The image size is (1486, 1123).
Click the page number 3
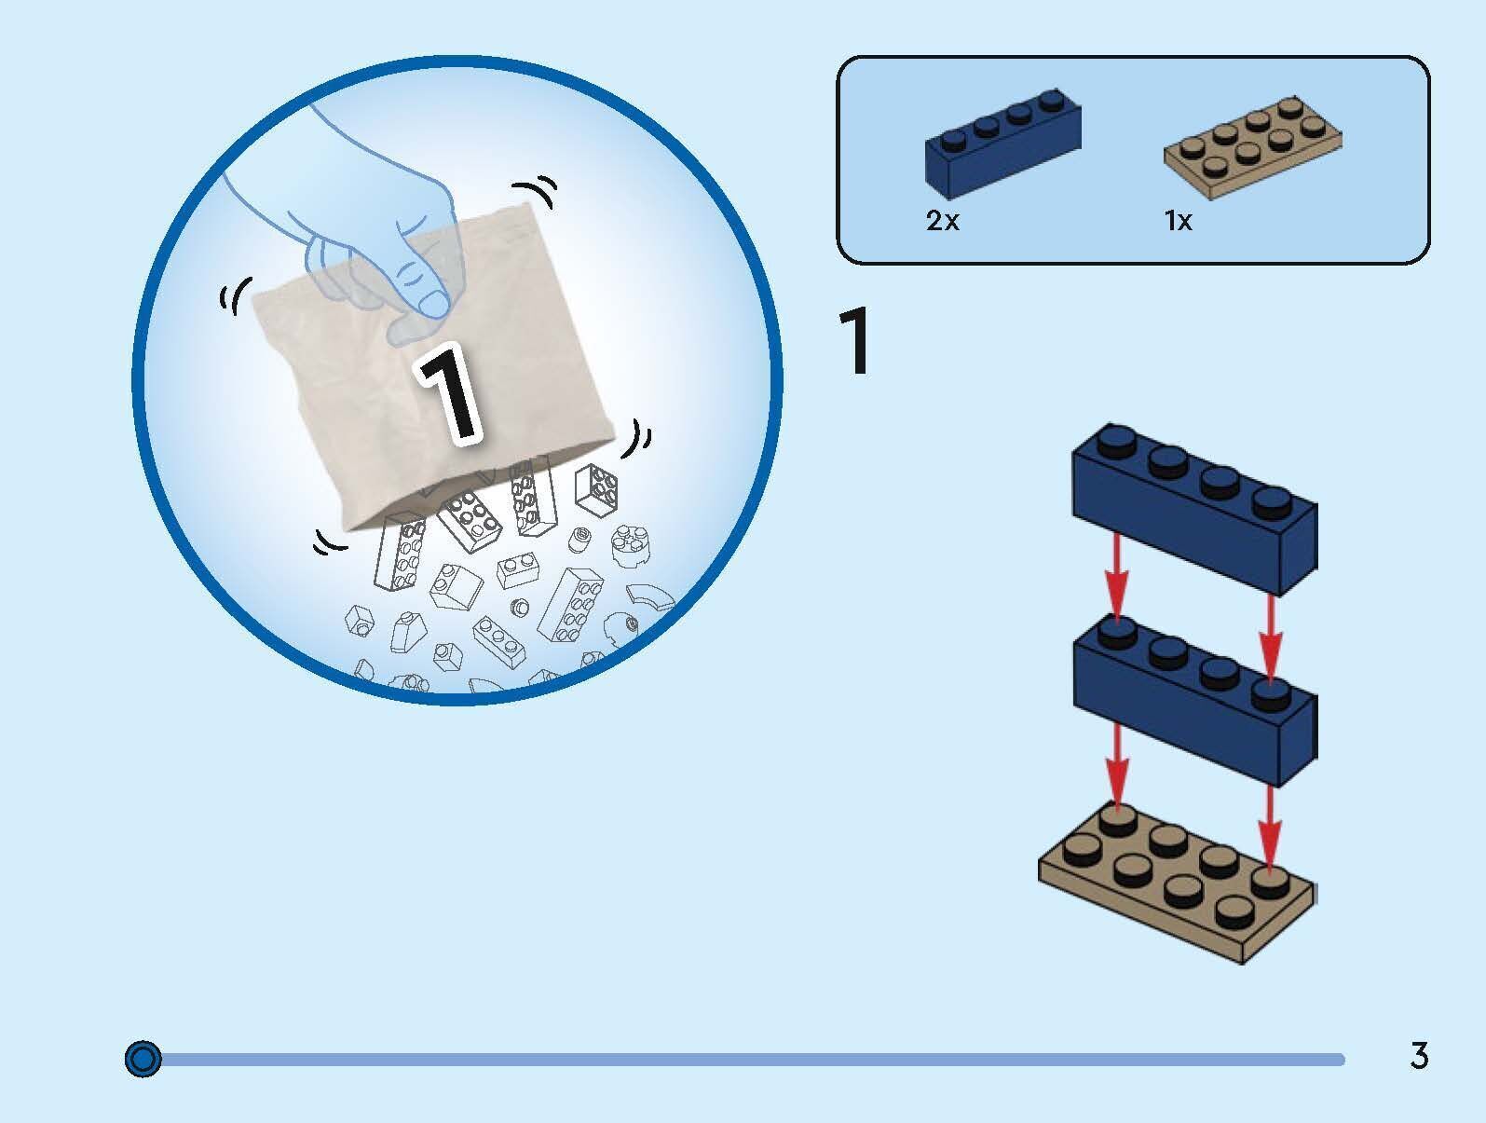pos(1419,1057)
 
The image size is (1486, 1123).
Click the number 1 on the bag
pos(448,391)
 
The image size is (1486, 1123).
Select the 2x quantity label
pos(942,222)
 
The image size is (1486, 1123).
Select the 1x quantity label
pos(1178,221)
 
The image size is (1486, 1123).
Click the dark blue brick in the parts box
pos(1002,147)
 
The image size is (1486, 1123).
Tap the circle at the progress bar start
pos(143,1059)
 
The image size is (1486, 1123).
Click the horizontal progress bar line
pos(745,1060)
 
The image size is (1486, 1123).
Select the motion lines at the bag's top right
pos(538,193)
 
